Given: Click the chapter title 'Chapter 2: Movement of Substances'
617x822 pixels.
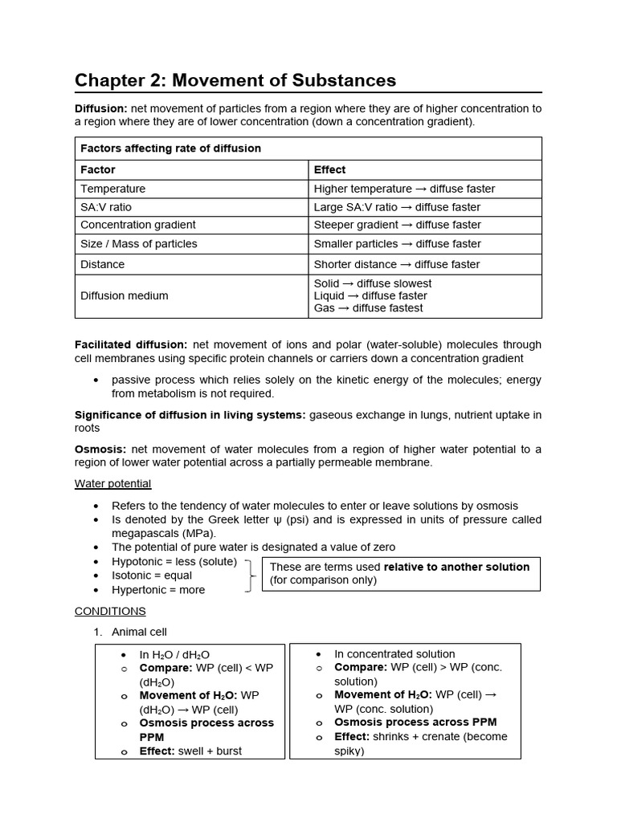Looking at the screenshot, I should coord(235,80).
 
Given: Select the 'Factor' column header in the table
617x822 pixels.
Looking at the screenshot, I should coord(98,169).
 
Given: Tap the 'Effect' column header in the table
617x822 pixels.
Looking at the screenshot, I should coord(329,169).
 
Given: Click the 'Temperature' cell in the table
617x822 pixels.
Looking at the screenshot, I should coord(112,189).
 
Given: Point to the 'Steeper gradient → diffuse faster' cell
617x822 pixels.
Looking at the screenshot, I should coord(397,225).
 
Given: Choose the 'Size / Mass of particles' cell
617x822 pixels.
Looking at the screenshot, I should coord(138,244).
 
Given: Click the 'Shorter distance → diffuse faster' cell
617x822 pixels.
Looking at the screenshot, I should coord(396,264).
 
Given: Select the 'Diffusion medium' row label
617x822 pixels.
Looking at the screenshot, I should coord(124,295).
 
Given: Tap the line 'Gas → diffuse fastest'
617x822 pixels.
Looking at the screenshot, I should coord(368,307).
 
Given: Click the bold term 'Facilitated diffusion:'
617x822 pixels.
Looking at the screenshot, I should coord(131,344).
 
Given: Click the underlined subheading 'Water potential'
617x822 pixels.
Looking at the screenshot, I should coord(112,483).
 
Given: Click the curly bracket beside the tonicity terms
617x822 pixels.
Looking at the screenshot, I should coord(251,575).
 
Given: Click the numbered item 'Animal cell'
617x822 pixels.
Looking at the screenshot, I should coord(139,632).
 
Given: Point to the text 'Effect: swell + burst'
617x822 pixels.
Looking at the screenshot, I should coord(190,751).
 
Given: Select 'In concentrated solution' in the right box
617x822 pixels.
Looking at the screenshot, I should coord(394,653).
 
